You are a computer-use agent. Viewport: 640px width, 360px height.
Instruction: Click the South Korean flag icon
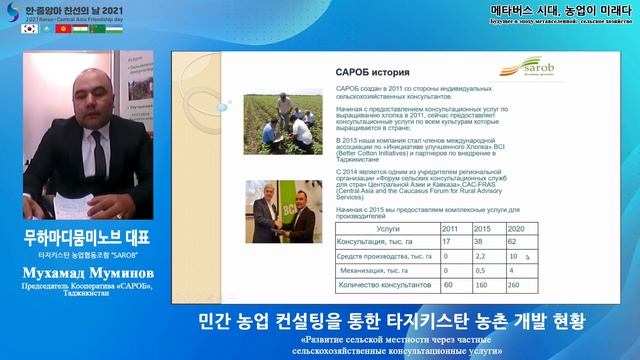click(x=28, y=27)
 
